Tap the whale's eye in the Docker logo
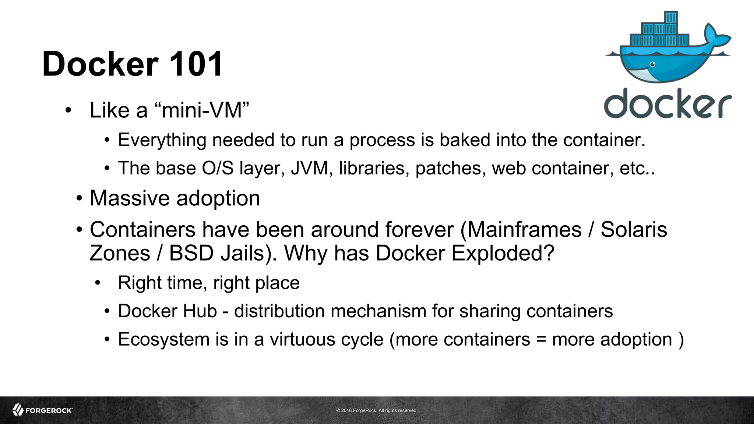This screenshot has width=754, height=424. (652, 64)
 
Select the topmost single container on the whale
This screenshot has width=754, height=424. (671, 17)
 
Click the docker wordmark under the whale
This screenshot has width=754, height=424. (667, 103)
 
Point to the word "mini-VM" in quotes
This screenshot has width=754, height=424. (202, 110)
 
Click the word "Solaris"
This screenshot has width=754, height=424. (634, 230)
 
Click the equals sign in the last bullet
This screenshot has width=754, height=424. (541, 339)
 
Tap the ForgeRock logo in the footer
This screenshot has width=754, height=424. (42, 410)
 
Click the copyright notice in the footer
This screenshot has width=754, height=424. (377, 410)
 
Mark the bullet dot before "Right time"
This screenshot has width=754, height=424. (97, 283)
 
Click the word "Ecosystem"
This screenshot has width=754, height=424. (163, 339)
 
